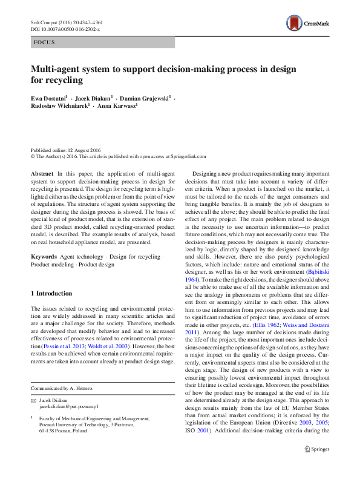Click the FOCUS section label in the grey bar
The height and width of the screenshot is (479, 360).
[45, 42]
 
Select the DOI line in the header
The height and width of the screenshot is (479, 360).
[65, 29]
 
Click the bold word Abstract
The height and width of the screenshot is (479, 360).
[42, 173]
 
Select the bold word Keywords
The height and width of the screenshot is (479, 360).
[45, 257]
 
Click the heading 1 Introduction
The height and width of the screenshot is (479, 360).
[51, 293]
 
